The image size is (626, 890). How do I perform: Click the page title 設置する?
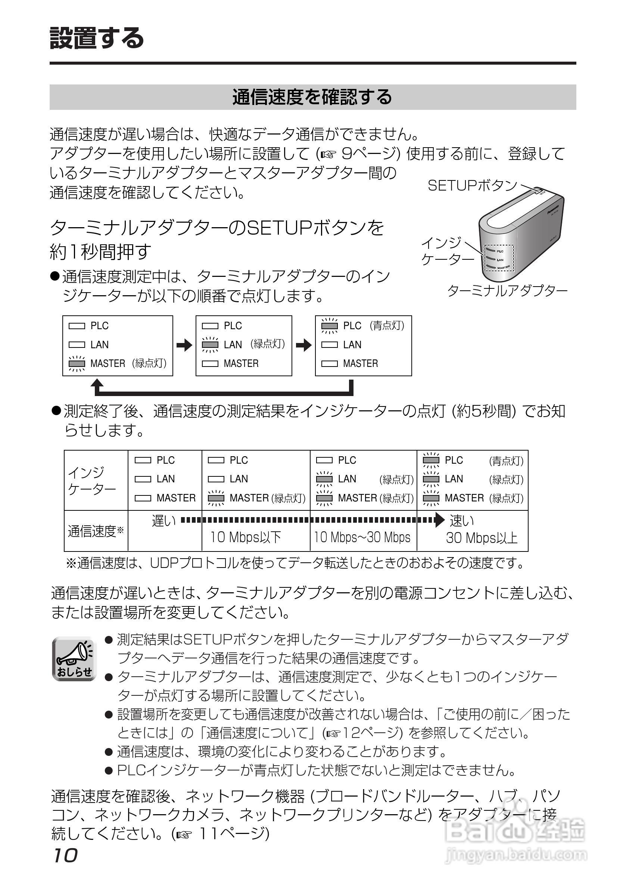[x=97, y=38]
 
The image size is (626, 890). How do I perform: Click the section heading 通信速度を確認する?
[x=312, y=97]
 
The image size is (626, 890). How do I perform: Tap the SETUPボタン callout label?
[x=472, y=186]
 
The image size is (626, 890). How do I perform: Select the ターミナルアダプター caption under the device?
[x=507, y=291]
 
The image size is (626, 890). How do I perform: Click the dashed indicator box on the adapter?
[x=499, y=258]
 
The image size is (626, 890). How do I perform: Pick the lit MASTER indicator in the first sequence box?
[x=77, y=364]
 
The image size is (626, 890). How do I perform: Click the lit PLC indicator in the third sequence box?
[x=330, y=325]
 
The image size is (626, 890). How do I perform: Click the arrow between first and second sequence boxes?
[x=184, y=345]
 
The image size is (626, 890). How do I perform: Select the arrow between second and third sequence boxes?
[x=304, y=345]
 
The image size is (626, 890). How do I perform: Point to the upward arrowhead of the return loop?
[x=97, y=384]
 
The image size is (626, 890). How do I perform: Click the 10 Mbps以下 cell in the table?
[x=246, y=537]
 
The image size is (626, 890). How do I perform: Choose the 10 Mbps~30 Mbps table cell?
[x=362, y=537]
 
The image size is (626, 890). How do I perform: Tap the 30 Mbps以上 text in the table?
[x=482, y=538]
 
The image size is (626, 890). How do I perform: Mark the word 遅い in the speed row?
[x=163, y=520]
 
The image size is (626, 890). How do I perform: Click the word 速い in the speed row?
[x=461, y=520]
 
